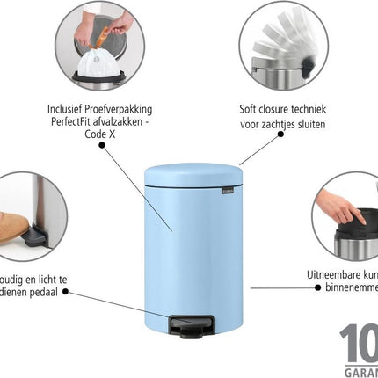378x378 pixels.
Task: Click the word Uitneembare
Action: click(329, 273)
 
